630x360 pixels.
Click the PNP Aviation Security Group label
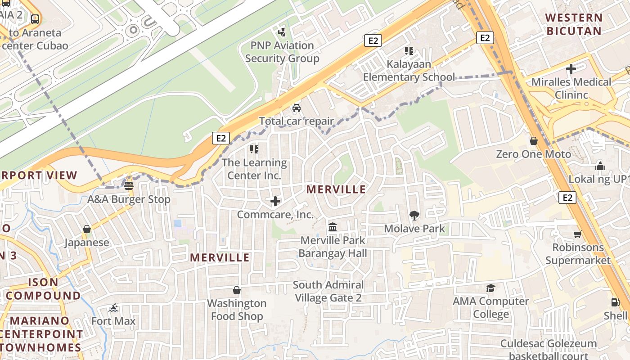282,52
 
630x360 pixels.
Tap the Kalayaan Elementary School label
409,71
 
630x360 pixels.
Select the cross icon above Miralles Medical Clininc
571,69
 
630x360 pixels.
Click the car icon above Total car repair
297,108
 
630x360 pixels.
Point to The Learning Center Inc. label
254,169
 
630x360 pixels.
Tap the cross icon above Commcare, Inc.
275,201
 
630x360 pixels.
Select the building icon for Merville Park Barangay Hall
333,226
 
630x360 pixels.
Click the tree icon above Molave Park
414,216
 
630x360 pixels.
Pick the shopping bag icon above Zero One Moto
534,141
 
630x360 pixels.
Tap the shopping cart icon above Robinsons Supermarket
578,234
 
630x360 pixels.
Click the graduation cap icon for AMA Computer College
490,288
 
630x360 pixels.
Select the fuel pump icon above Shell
615,302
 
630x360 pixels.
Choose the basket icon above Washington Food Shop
237,290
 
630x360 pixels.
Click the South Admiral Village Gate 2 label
328,291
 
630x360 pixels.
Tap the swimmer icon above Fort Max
113,308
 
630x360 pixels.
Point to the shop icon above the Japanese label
87,229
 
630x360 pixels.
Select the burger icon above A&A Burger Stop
129,185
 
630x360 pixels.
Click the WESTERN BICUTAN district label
573,24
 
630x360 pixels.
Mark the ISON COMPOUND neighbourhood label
43,289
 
